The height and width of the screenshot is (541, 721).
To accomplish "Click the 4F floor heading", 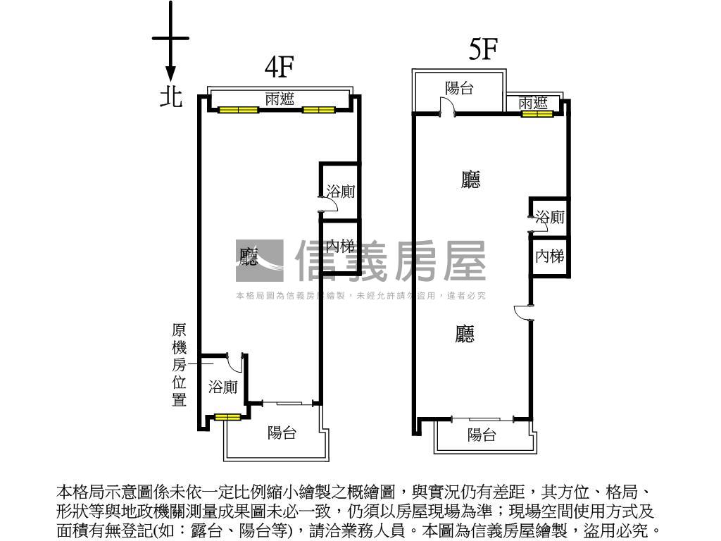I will pos(278,67).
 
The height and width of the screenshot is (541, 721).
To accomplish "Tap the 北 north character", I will pos(170,96).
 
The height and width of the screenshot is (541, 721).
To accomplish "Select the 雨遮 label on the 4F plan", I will pos(280,99).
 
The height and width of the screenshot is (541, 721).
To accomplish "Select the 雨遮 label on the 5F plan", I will pos(533,104).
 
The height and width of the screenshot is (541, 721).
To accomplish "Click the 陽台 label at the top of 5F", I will pos(459,88).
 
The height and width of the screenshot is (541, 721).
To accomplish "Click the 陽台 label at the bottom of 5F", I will pos(482,435).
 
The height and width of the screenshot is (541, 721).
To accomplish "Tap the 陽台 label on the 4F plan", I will pos(282,433).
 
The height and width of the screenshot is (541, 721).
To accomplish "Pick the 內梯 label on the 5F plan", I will pos(550,256).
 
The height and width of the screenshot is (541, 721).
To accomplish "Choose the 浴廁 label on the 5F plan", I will pos(550,217).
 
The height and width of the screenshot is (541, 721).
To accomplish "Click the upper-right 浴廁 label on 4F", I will pos(341,191).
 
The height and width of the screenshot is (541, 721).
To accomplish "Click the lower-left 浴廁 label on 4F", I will pos(222,387).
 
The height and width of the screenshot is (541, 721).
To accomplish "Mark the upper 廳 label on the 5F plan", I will pos(470,180).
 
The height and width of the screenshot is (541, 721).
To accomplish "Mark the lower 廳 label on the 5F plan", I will pos(465,334).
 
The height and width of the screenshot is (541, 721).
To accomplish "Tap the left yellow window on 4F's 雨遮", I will pos(238,110).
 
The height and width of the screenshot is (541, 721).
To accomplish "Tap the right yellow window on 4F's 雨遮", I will pos(318,110).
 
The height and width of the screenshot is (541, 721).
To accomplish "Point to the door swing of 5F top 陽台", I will pos(446,107).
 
